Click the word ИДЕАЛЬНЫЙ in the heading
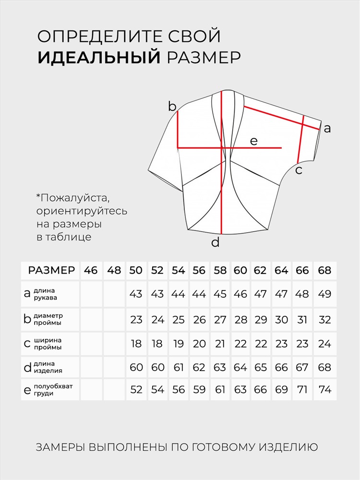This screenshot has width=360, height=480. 98,58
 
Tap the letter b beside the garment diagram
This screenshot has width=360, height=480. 172,107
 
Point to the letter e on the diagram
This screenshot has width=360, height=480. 254,141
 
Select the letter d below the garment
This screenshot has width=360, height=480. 216,242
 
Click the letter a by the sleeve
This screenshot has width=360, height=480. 327,128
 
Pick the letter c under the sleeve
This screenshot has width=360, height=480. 299,170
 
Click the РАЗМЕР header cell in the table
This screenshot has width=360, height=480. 51,270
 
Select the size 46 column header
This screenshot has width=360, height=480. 91,270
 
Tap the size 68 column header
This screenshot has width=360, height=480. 325,270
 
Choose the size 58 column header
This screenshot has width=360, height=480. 220,270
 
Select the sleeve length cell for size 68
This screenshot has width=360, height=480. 325,293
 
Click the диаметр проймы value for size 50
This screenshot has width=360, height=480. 136,319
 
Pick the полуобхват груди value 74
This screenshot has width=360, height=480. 325,389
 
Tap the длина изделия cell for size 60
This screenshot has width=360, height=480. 241,367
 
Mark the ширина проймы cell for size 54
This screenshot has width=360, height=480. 178,344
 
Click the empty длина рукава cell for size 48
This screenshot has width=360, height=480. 114,293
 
